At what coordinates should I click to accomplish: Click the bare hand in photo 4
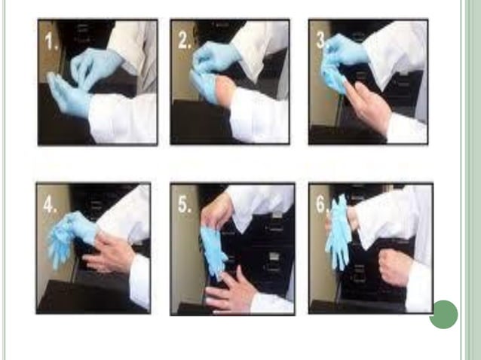(x=112, y=255)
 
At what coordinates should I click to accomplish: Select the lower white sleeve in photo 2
(x=256, y=113)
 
